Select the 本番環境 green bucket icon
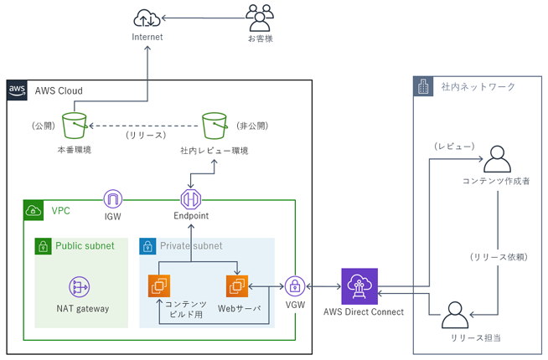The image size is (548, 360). click(x=74, y=126)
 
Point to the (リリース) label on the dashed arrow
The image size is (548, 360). click(x=147, y=134)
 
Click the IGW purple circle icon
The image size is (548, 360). click(x=114, y=199)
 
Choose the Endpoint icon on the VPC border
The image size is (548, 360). click(x=192, y=199)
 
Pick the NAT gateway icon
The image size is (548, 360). click(x=80, y=286)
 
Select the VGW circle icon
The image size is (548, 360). click(x=295, y=286)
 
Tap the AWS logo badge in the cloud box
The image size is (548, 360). click(x=17, y=90)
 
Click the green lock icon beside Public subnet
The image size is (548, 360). click(x=44, y=246)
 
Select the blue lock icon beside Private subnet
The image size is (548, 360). click(x=148, y=246)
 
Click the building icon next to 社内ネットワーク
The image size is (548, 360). click(x=424, y=86)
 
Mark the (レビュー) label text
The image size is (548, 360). click(x=455, y=147)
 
